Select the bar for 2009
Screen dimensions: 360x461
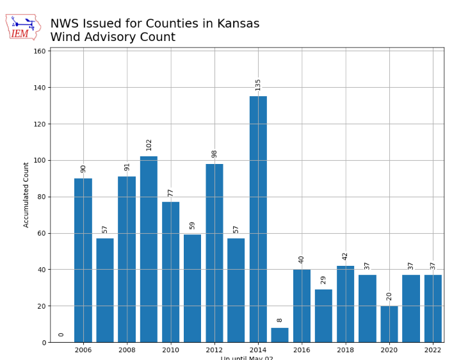point(149,249)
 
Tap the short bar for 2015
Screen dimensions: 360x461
point(280,335)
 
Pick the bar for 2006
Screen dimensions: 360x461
point(83,260)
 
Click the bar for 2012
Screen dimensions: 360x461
point(214,253)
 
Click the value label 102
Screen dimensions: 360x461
point(149,145)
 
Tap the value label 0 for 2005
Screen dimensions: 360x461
point(61,334)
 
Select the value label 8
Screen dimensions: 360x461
point(280,320)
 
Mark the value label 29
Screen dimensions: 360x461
point(323,280)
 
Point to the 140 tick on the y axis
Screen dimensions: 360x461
point(40,88)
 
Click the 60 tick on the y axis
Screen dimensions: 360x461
point(42,233)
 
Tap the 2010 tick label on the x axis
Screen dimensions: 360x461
point(170,350)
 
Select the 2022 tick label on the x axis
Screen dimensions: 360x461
point(433,350)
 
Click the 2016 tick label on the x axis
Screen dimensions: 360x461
point(302,350)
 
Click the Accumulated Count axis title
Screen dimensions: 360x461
point(26,195)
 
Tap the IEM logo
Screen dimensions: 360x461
point(23,27)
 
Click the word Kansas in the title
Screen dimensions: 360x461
point(237,24)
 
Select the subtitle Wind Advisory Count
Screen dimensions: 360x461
point(113,38)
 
